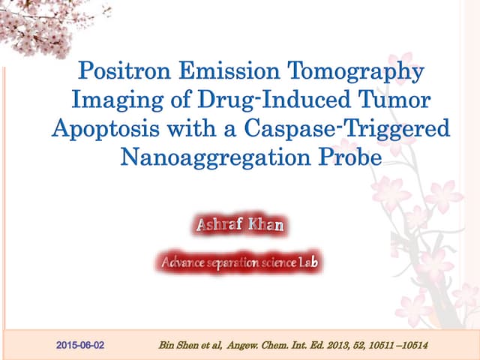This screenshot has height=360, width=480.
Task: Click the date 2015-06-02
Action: click(x=80, y=345)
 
